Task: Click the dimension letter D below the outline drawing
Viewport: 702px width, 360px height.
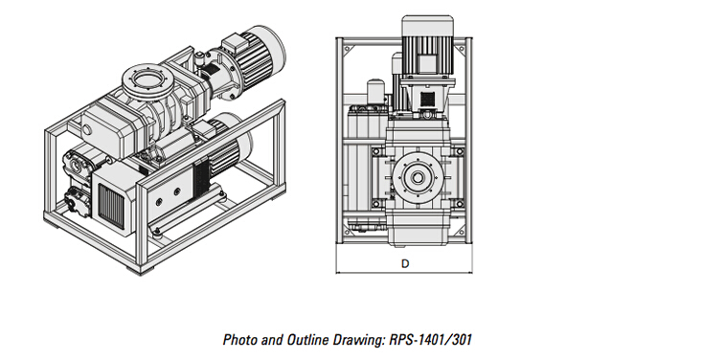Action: (x=405, y=263)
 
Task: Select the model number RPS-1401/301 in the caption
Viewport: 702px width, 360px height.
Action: (x=431, y=340)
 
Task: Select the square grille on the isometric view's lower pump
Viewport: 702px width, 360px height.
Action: (x=110, y=206)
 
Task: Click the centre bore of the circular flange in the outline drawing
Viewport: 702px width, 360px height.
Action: (x=418, y=178)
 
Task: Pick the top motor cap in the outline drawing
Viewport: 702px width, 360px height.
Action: (x=427, y=26)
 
